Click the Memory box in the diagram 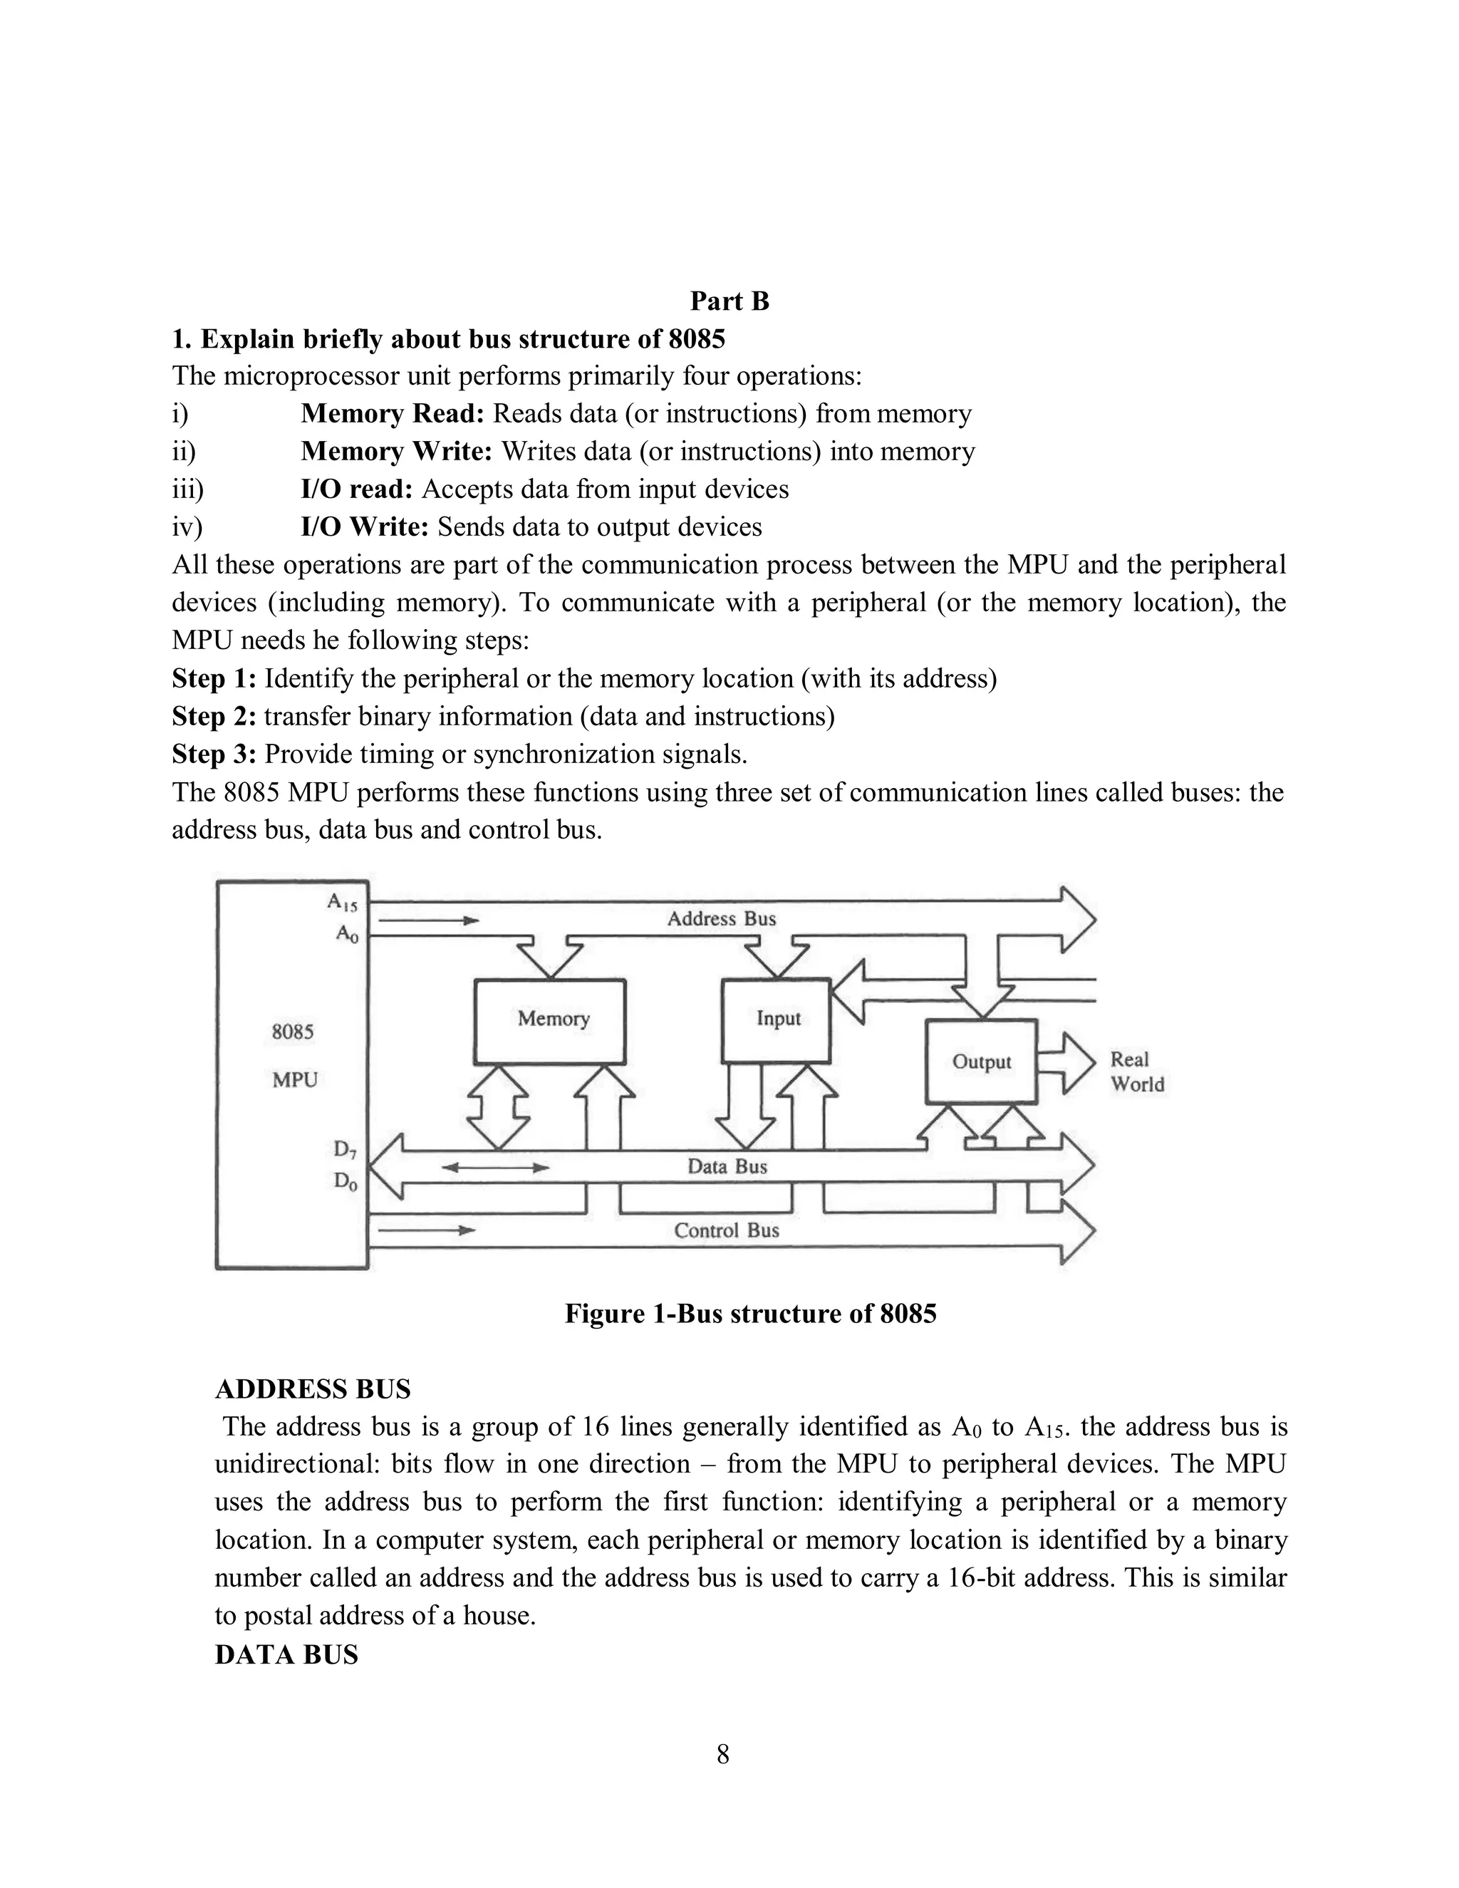(550, 1021)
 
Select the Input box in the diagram (777, 1020)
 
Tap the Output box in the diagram (981, 1062)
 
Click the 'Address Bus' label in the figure (721, 919)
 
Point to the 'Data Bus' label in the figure (727, 1166)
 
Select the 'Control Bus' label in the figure (726, 1230)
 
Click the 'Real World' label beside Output (1136, 1072)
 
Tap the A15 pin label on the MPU (342, 903)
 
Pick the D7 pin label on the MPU (344, 1150)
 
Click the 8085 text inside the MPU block (293, 1032)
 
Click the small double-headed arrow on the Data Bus (495, 1167)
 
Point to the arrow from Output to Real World (1066, 1062)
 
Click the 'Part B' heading (729, 301)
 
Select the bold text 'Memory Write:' (397, 451)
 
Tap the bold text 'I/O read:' (357, 489)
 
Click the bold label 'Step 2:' (214, 717)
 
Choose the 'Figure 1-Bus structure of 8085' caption (750, 1313)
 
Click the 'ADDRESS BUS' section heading (312, 1389)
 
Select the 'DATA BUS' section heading (286, 1654)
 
